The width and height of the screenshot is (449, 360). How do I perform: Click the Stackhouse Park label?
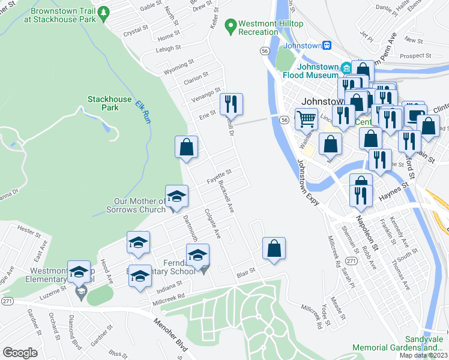103,103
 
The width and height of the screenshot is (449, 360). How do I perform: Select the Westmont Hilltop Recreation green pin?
229,27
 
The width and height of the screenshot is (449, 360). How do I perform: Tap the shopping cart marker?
306,119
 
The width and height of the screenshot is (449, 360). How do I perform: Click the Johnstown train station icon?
327,45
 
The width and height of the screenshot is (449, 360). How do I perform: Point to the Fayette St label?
219,178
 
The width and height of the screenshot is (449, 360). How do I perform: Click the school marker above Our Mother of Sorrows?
176,196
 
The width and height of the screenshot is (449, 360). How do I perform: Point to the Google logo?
20,353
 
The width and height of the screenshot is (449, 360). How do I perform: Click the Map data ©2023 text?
424,355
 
